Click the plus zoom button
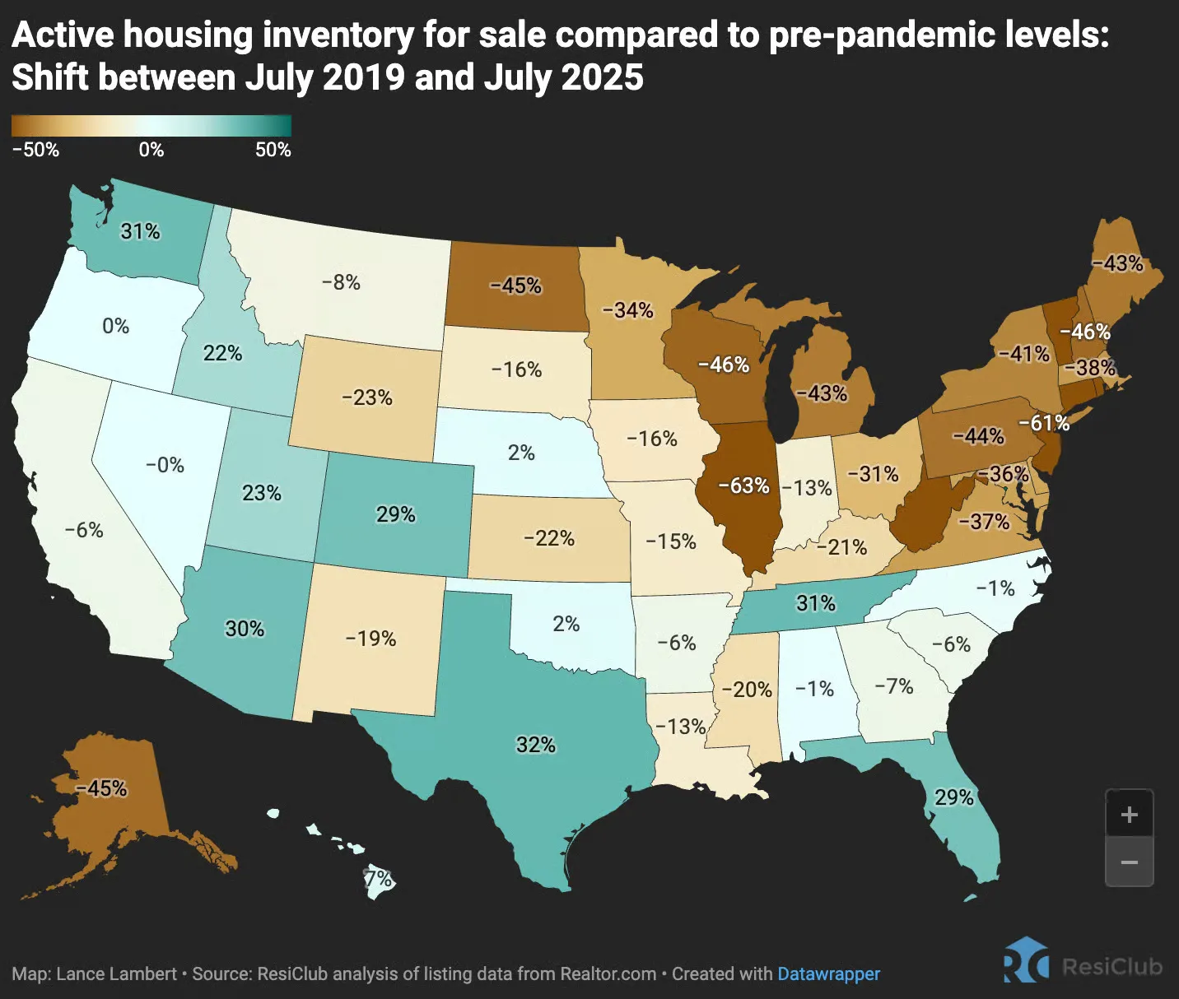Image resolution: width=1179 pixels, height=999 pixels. click(1129, 814)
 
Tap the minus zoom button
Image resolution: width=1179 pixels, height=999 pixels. click(1129, 862)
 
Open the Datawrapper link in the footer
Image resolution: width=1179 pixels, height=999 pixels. click(828, 974)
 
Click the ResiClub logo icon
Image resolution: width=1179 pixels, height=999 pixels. click(1026, 961)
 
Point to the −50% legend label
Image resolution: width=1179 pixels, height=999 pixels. click(35, 150)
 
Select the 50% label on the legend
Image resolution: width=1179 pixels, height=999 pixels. click(273, 150)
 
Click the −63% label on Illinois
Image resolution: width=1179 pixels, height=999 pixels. click(743, 486)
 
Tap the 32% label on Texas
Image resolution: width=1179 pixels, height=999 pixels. click(536, 745)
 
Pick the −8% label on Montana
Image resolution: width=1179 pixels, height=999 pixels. click(341, 282)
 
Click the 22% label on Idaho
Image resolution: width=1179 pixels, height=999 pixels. click(222, 353)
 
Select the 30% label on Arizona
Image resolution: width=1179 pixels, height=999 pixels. click(245, 629)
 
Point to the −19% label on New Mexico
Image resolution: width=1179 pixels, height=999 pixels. click(370, 639)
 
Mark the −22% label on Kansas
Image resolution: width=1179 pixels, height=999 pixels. click(549, 538)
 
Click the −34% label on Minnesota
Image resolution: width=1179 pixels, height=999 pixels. click(627, 310)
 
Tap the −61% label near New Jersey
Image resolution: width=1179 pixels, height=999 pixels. click(1044, 423)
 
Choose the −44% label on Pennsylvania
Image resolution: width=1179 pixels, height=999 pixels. click(978, 435)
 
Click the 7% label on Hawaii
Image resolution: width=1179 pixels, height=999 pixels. click(379, 879)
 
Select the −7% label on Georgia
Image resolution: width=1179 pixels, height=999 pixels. click(894, 685)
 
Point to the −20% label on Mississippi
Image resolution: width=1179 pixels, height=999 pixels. click(747, 690)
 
